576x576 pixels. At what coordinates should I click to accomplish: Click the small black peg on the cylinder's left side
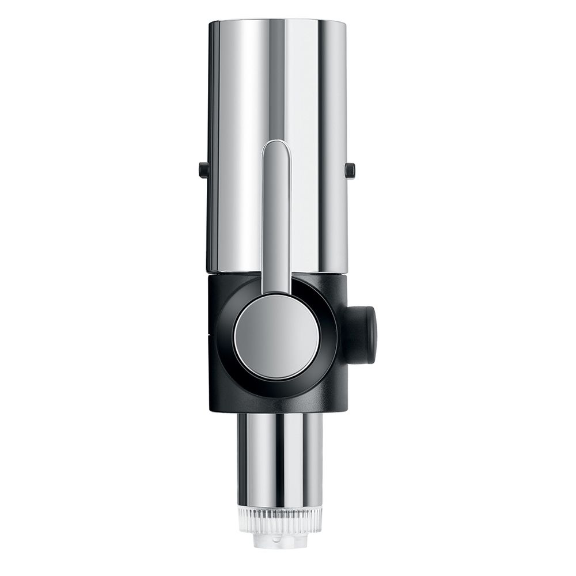pyautogui.click(x=203, y=170)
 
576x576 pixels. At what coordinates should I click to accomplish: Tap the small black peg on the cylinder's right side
pyautogui.click(x=350, y=170)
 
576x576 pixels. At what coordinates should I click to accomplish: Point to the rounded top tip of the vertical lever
pyautogui.click(x=276, y=146)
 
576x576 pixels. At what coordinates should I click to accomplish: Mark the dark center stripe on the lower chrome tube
pyautogui.click(x=281, y=455)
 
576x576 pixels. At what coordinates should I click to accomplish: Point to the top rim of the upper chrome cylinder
pyautogui.click(x=277, y=22)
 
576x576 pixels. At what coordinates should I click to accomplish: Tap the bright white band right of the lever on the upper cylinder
pyautogui.click(x=302, y=144)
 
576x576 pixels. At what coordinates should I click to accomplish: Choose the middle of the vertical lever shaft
pyautogui.click(x=276, y=219)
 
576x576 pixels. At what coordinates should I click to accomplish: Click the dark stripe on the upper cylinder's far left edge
pyautogui.click(x=211, y=144)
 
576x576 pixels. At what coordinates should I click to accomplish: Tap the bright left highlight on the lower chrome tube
pyautogui.click(x=253, y=455)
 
